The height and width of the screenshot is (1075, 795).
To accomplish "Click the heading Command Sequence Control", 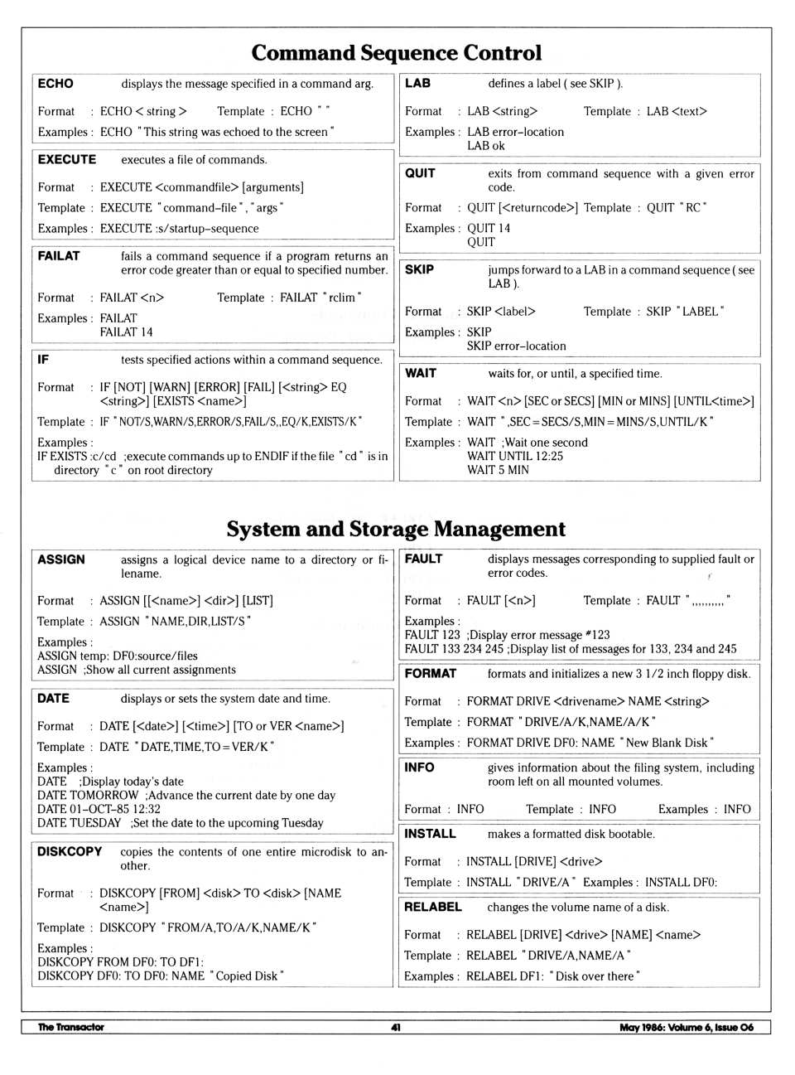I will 396,53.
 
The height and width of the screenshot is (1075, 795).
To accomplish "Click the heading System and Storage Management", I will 396,529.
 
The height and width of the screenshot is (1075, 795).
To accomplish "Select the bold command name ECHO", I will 55,84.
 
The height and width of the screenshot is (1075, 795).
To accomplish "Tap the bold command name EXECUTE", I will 67,159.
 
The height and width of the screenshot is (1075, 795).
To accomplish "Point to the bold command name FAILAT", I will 59,256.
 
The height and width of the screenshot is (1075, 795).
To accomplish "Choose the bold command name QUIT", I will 420,173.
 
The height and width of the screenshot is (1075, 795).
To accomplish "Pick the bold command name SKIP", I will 419,269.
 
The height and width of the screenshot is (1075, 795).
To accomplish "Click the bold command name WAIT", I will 421,373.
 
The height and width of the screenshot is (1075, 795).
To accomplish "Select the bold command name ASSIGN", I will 61,559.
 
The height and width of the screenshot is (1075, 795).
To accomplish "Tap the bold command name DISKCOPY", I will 70,851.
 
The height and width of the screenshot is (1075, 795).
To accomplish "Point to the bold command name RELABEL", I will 432,907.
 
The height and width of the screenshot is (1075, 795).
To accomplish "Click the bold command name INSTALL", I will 430,834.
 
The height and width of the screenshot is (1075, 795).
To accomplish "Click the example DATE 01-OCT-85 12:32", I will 99,809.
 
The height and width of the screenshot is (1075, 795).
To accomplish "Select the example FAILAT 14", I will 126,332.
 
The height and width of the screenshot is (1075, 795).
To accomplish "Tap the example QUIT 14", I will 489,228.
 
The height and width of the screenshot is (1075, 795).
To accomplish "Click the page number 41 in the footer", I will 396,1027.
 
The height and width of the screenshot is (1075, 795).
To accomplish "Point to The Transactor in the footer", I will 71,1027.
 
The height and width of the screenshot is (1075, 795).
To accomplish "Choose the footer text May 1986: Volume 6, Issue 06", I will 687,1027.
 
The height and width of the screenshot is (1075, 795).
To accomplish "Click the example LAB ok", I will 485,146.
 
